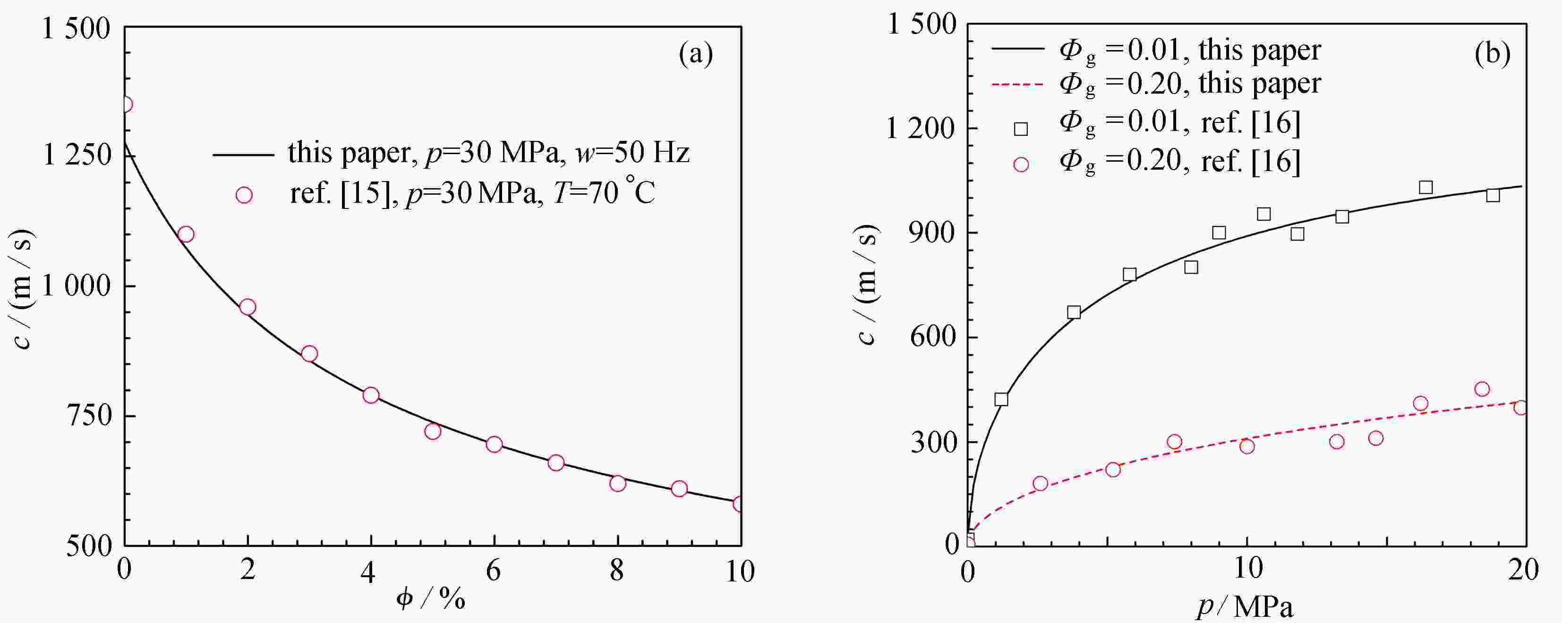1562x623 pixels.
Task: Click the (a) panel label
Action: click(695, 55)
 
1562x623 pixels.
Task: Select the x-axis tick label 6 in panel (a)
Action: click(494, 571)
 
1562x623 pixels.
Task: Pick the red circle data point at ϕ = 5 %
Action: click(432, 431)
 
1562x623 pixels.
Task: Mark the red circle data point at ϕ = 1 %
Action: click(186, 234)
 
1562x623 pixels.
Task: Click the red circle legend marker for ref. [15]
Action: click(244, 195)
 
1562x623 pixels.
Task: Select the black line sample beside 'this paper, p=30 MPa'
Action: click(243, 156)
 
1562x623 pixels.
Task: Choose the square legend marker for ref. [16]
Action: click(1021, 129)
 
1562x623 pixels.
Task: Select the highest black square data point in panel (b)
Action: click(1425, 188)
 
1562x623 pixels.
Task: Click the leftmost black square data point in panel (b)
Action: click(1001, 399)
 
